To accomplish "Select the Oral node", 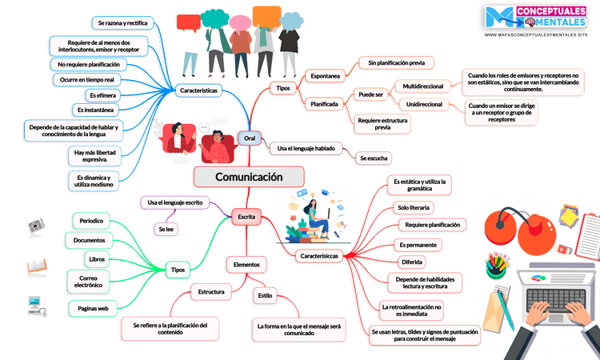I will (x=249, y=139).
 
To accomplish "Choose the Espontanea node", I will (x=324, y=76).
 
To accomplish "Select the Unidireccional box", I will (x=424, y=105).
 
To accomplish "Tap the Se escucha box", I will (x=374, y=158).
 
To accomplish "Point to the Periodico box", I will (x=95, y=220).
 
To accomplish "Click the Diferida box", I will (x=412, y=262).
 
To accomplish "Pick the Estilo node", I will (x=265, y=295).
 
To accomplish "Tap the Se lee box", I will (x=166, y=230).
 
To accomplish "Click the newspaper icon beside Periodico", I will (x=37, y=226).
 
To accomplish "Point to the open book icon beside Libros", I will (x=37, y=266).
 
